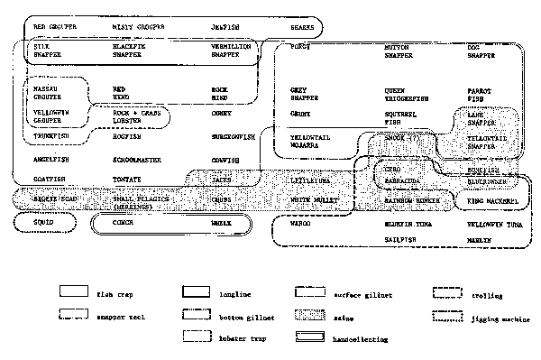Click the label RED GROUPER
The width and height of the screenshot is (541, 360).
[x=49, y=27]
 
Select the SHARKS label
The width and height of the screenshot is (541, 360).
[x=302, y=27]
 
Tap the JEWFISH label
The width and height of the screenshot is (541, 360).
[x=224, y=27]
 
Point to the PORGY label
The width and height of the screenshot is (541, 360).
[x=299, y=45]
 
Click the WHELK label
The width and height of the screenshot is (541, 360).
[x=221, y=220]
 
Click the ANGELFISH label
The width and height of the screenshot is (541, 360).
[x=47, y=158]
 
